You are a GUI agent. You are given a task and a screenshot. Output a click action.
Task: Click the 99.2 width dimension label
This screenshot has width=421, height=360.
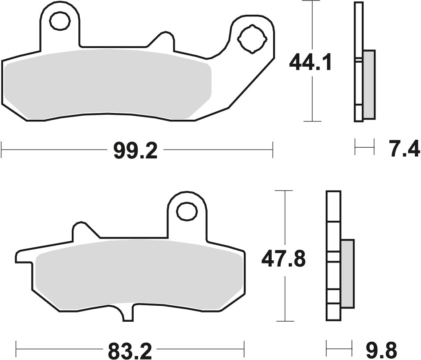tap(135, 152)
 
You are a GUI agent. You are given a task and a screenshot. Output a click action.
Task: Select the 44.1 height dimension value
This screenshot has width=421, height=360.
tap(310, 63)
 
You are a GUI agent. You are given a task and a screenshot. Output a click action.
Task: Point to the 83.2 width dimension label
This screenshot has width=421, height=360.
tap(129, 350)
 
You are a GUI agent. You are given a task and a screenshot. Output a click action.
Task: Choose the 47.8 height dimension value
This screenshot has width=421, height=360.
tap(283, 259)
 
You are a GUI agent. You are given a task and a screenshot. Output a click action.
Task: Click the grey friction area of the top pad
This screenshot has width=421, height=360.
tap(107, 85)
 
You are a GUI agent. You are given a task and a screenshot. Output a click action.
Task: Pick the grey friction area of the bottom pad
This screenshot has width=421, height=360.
tap(138, 276)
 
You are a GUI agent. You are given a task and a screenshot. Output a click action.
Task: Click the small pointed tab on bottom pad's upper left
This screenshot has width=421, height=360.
tap(81, 230)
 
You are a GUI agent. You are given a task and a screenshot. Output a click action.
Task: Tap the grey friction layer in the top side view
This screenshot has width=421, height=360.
tap(369, 85)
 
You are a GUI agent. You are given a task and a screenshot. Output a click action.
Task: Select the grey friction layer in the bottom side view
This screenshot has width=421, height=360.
tap(347, 273)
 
